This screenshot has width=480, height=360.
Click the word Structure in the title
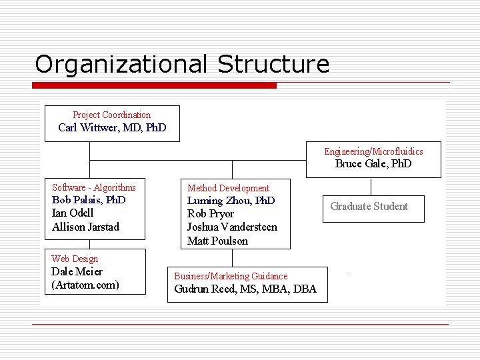[x=273, y=65]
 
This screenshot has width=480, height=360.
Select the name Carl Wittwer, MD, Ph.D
[x=112, y=127]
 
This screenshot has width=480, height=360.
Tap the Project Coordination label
[x=112, y=115]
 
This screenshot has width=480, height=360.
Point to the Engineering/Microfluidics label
[x=373, y=151]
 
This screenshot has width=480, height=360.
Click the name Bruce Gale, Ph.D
[x=373, y=164]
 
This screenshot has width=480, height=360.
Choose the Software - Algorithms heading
[x=94, y=187]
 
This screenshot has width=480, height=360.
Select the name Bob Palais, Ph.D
[x=89, y=200]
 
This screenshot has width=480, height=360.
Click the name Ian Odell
[x=73, y=213]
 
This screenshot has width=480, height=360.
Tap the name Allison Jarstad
[x=85, y=227]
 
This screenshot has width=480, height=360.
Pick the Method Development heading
[x=229, y=189]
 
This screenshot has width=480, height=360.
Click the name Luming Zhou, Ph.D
[x=231, y=201]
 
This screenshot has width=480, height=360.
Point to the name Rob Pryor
[x=211, y=214]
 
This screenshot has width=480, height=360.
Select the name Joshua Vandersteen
[x=232, y=227]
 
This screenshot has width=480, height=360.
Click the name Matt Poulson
[x=217, y=241]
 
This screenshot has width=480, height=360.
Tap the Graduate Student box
[x=369, y=206]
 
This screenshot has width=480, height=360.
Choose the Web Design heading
[x=75, y=259]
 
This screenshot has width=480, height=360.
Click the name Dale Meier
[x=77, y=272]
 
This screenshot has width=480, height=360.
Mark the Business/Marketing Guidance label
[x=231, y=276]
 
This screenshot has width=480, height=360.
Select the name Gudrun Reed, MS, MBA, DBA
[x=245, y=289]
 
